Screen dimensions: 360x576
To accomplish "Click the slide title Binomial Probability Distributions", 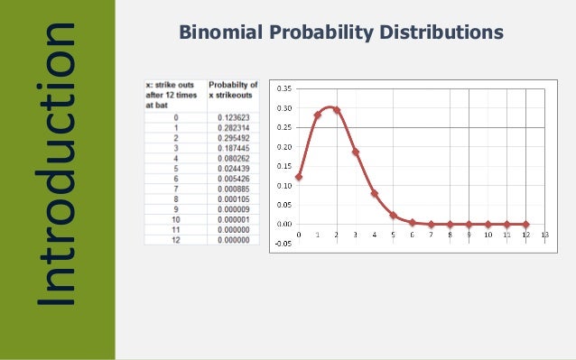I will (x=341, y=33).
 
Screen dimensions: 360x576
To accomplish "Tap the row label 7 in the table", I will (x=176, y=189).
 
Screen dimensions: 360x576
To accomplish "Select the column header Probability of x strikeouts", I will (x=233, y=90).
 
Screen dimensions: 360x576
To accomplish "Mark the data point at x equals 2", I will (x=336, y=110).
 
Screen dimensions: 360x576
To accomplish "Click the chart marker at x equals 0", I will (x=298, y=177).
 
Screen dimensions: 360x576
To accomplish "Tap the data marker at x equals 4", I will (x=374, y=193).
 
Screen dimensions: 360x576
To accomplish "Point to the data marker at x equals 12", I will (x=525, y=224).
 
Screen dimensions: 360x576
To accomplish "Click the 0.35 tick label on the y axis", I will (x=283, y=88).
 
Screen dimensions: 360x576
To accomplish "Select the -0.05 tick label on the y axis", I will (x=282, y=243).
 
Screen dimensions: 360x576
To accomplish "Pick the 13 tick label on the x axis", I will (x=544, y=235).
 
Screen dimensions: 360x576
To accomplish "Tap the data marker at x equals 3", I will (x=355, y=152).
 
